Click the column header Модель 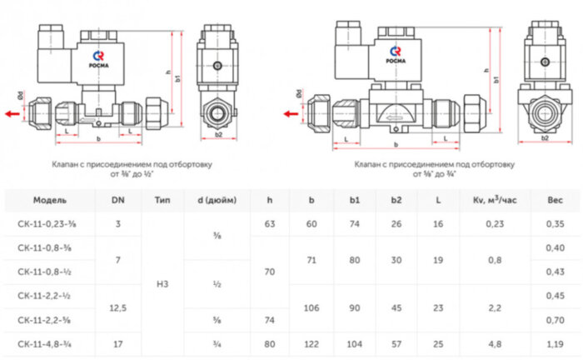tap(50, 201)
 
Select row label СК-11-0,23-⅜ tap(50, 223)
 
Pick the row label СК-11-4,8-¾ tap(50, 342)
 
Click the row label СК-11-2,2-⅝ tap(50, 318)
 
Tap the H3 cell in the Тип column tap(162, 283)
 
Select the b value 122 tap(311, 342)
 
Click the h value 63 tap(270, 223)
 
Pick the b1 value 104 tap(354, 342)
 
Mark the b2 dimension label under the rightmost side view tap(544, 137)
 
